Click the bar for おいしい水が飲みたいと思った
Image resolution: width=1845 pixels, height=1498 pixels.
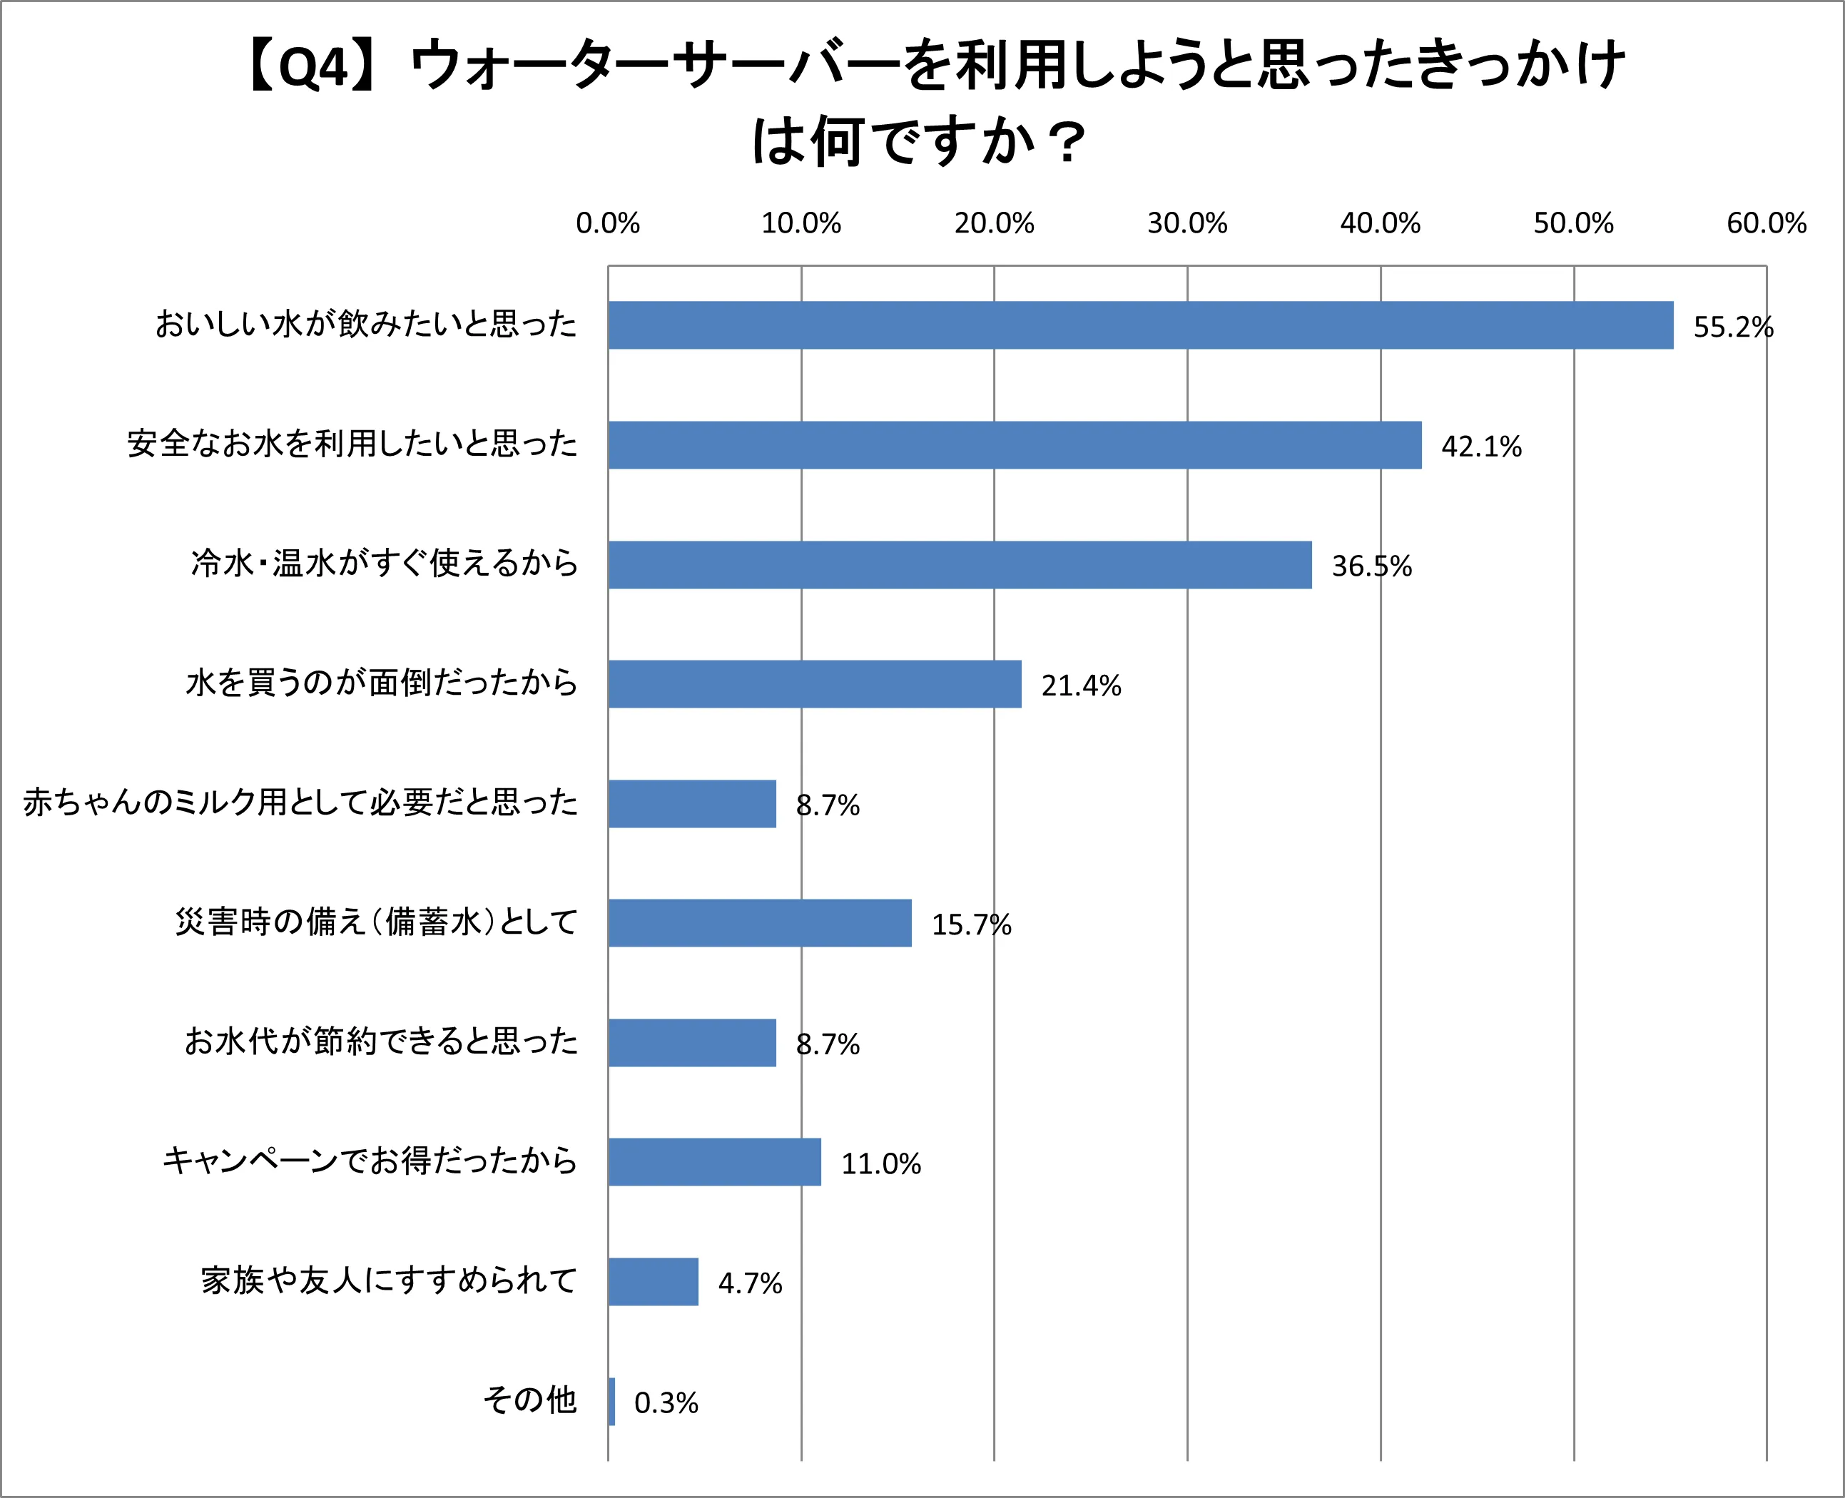[x=1139, y=325]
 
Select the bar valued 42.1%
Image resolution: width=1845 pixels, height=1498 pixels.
[x=1014, y=445]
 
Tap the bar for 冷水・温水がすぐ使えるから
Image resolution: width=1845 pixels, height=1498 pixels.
[x=960, y=565]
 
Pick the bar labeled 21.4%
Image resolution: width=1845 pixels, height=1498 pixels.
[x=815, y=684]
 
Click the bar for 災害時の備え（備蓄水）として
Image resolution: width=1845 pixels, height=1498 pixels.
[x=759, y=923]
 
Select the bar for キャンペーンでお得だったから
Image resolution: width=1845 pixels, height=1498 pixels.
[x=715, y=1162]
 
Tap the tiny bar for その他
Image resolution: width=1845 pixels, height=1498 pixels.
[x=612, y=1402]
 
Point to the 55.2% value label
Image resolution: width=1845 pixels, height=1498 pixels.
[x=1733, y=327]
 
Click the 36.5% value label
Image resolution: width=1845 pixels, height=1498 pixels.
[x=1371, y=566]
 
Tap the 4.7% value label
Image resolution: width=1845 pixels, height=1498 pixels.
[x=750, y=1283]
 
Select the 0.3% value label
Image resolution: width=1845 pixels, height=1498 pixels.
[x=666, y=1403]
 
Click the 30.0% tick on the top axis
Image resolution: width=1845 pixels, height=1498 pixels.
[x=1186, y=223]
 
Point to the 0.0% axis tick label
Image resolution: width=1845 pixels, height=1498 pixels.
[x=608, y=223]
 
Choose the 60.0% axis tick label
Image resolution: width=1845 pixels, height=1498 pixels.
[x=1766, y=223]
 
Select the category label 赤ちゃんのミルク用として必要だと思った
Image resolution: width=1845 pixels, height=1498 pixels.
[x=300, y=802]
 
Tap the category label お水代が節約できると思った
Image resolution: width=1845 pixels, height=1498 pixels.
[x=380, y=1041]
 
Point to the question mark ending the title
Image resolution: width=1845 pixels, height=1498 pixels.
[x=1067, y=143]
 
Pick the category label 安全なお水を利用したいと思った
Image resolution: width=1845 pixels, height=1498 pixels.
[x=352, y=444]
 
